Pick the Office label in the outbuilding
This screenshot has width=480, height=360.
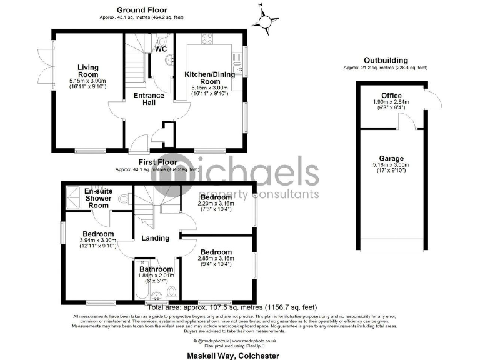[392, 95]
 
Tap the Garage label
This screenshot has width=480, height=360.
[392, 158]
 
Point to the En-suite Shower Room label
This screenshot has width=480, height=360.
[99, 198]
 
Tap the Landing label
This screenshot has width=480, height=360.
[155, 238]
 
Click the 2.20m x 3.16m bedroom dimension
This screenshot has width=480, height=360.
[215, 204]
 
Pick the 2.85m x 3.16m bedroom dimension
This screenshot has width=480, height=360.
[215, 258]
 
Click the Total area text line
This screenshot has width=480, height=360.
[232, 307]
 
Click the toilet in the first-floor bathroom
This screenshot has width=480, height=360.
[172, 292]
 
